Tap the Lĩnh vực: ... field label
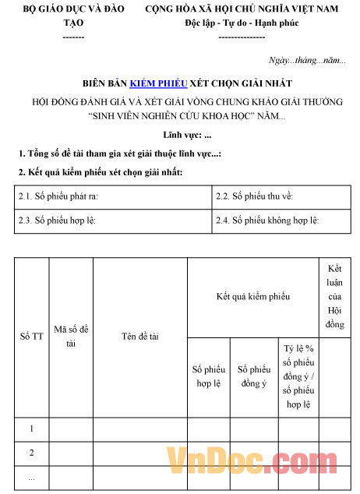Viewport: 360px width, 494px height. [x=182, y=136]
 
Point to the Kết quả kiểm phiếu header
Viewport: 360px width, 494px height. [x=253, y=297]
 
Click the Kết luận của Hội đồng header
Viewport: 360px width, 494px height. [x=335, y=296]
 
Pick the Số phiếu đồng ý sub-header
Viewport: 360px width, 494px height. [x=253, y=376]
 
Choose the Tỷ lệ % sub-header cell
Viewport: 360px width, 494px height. [x=298, y=376]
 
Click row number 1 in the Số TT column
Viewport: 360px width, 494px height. [x=31, y=429]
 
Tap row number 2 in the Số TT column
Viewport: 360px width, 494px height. [x=31, y=453]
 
